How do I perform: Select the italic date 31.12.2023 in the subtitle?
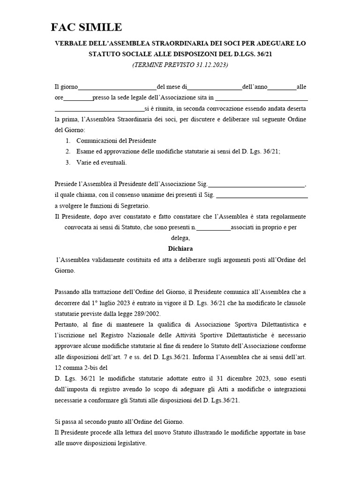pos(210,65)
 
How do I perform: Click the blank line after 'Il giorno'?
pos(117,87)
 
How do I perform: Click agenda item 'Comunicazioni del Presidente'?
pos(116,141)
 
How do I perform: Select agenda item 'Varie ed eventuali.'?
pos(102,163)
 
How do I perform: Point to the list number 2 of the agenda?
pos(68,151)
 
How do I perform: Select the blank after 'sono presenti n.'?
pos(213,228)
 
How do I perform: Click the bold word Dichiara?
pos(180,248)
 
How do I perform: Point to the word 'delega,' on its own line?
pos(180,238)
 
